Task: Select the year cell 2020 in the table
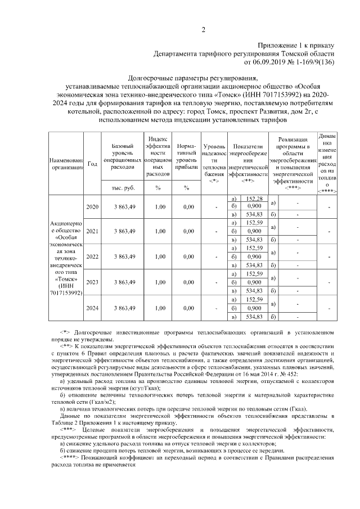coord(92,207)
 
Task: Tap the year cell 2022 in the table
coord(92,256)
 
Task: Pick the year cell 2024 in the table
coord(92,308)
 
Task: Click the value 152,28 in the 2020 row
coord(254,199)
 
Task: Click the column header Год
coord(92,163)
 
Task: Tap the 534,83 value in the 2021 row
coord(254,240)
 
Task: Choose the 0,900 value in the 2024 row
coord(254,308)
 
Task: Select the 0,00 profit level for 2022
coord(185,256)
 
